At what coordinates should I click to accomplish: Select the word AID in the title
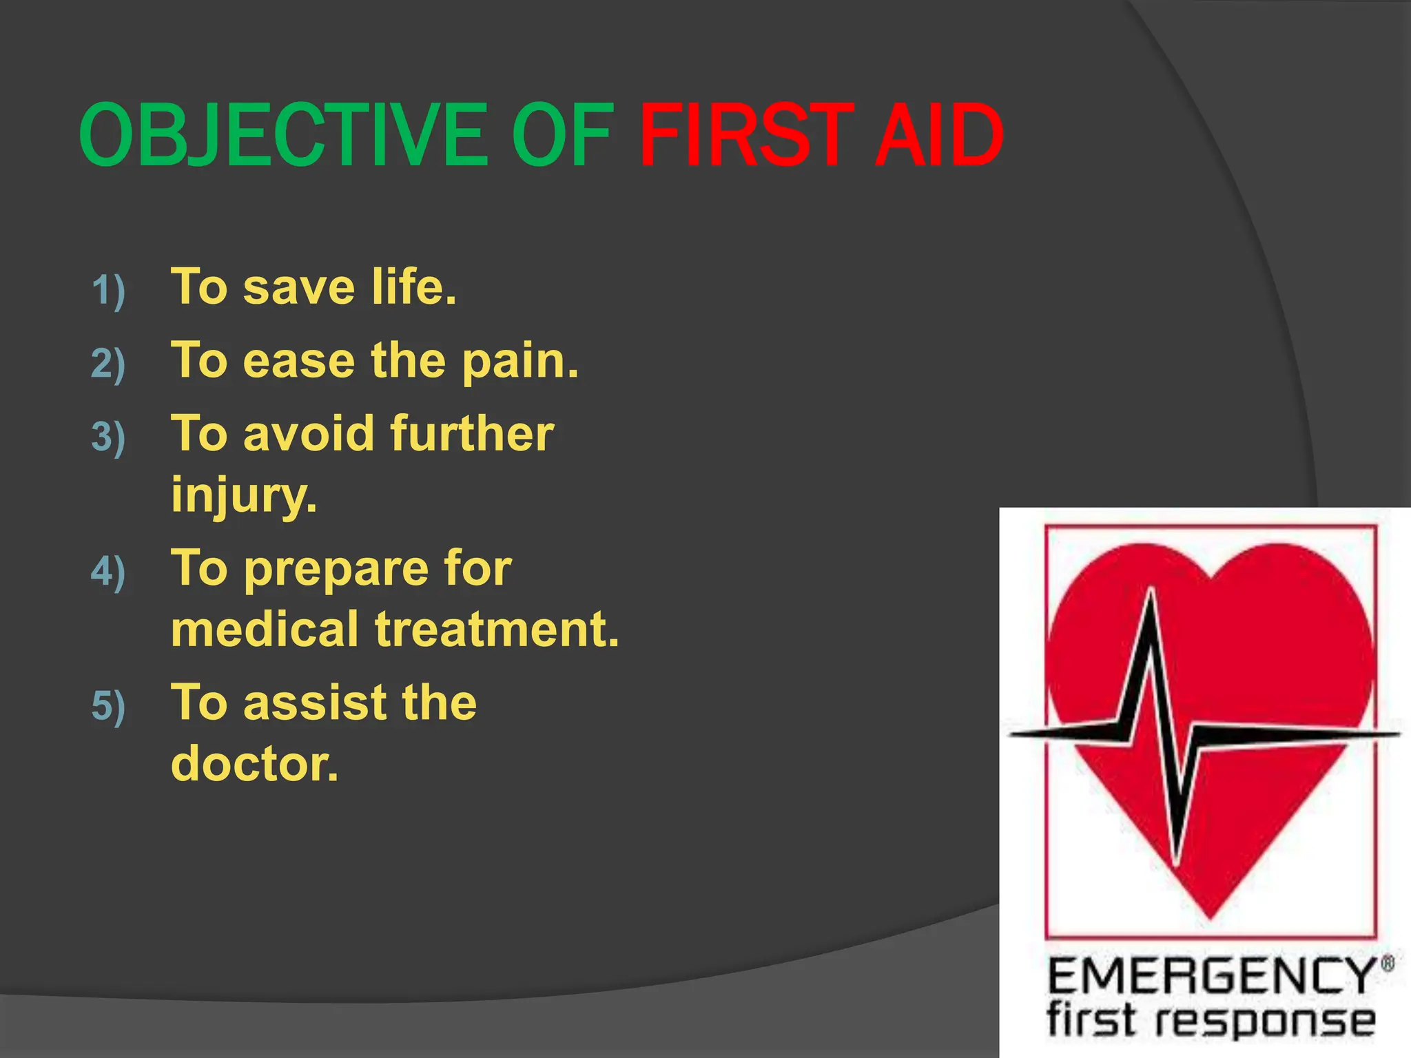point(938,135)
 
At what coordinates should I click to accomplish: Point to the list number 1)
point(108,290)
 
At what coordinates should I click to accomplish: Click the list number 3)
point(108,437)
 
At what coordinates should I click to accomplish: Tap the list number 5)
point(108,706)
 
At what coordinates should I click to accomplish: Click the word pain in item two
point(519,362)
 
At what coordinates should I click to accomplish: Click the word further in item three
point(472,434)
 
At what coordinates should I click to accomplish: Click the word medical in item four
point(265,629)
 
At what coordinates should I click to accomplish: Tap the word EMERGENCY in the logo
point(1211,976)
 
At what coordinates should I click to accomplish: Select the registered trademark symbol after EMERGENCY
point(1388,963)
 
